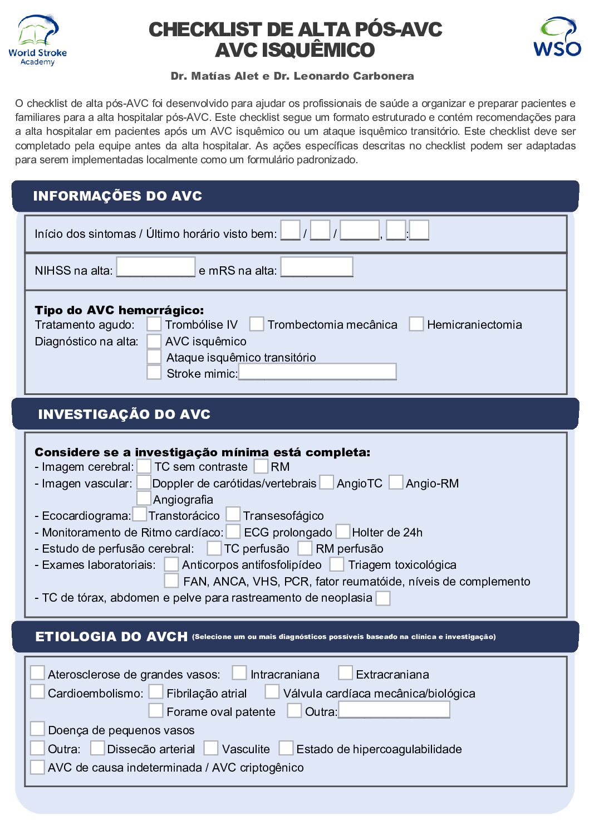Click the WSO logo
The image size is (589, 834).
557,37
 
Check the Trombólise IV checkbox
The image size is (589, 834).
154,324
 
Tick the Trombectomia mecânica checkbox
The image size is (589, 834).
256,324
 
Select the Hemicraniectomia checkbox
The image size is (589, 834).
416,324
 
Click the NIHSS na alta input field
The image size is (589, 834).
155,267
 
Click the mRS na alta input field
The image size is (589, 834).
316,267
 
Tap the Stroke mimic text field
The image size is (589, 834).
317,372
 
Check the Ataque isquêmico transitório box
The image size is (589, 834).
154,357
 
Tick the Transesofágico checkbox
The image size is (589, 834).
233,514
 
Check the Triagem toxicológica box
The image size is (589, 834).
336,564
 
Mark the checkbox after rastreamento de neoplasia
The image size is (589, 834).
382,598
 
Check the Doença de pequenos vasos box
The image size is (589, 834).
37,729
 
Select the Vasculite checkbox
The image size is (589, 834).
210,748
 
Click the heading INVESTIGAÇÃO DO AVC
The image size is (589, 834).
124,414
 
